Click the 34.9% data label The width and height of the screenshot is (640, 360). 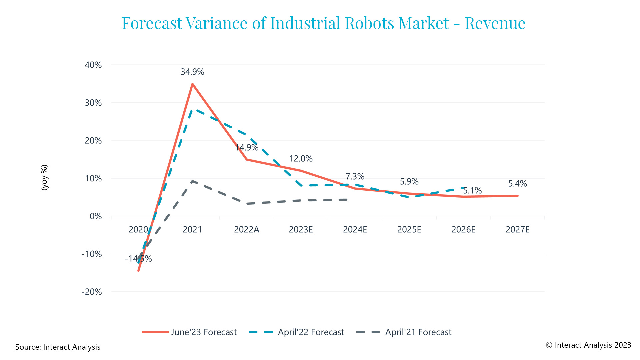[x=192, y=72]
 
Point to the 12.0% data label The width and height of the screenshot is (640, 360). [x=301, y=158]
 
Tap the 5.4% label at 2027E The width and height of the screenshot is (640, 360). [x=517, y=183]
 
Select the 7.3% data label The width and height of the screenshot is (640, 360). [x=355, y=176]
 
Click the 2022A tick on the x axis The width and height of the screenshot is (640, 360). [x=246, y=229]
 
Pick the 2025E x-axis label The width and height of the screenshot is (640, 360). [x=409, y=229]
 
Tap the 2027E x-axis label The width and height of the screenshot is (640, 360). [x=517, y=229]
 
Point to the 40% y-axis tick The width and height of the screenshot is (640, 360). [x=93, y=65]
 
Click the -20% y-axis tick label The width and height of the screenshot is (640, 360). [x=91, y=292]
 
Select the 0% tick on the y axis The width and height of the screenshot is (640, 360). [x=96, y=216]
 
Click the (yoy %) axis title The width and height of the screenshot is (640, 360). [x=44, y=177]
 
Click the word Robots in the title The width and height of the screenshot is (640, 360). [x=369, y=23]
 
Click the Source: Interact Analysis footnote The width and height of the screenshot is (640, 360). [x=58, y=347]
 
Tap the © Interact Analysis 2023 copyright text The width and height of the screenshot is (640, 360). [x=588, y=345]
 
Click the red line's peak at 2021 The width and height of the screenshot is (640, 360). [x=192, y=84]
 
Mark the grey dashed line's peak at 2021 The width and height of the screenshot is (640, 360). [x=192, y=181]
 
